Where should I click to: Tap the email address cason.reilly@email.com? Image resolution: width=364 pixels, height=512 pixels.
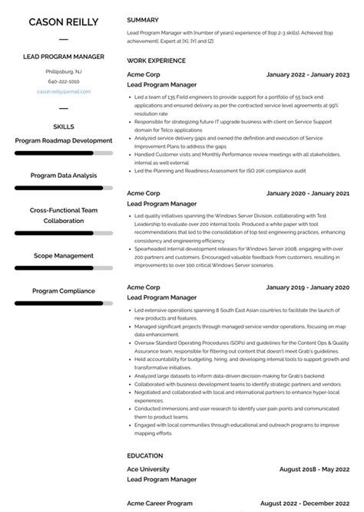(64, 91)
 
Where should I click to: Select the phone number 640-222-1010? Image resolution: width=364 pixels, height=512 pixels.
(64, 81)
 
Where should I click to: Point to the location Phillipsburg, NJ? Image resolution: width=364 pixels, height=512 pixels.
(64, 71)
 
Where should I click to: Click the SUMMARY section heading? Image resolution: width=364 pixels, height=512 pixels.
(143, 20)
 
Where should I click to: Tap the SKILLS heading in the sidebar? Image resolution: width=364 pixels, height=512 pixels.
(64, 126)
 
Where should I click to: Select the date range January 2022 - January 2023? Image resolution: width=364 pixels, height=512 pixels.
(307, 74)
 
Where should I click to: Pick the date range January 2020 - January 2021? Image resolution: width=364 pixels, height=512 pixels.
(307, 193)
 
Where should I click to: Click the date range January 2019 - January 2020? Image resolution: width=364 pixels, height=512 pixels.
(307, 287)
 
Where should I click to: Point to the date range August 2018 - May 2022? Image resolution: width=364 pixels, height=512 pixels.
(313, 469)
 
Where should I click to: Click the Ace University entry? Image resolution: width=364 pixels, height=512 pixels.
(148, 469)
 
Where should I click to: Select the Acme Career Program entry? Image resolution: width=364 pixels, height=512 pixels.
(160, 503)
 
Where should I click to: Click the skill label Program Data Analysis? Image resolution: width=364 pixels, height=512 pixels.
(64, 176)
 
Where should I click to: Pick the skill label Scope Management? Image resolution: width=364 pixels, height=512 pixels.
(64, 255)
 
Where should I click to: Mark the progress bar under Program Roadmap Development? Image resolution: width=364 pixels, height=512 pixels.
(64, 153)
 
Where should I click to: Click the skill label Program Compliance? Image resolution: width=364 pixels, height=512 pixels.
(64, 290)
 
